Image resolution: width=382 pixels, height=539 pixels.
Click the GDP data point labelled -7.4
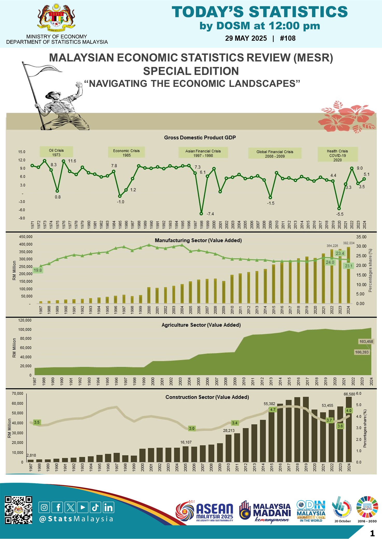coord(201,214)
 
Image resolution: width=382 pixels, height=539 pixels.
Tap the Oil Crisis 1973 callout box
coord(56,152)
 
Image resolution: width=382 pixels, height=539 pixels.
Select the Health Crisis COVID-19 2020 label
coord(337,155)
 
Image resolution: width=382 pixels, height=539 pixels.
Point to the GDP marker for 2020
coord(339,208)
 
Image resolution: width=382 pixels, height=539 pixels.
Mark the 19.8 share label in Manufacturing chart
coord(38,270)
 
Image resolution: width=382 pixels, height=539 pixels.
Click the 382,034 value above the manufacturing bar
coord(349,243)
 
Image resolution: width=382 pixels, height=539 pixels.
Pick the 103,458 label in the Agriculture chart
coord(366,341)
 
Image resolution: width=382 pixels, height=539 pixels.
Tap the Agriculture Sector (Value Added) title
coord(201,325)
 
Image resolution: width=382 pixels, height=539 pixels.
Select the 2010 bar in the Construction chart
coord(228,448)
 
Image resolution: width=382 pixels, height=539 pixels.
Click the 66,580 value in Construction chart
coord(349,394)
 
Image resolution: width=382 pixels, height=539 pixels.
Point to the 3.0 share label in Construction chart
coord(192,428)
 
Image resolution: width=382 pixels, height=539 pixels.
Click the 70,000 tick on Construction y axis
coord(18,394)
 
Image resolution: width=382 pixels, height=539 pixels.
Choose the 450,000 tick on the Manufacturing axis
coord(26,237)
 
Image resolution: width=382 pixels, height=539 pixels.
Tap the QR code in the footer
coord(18,510)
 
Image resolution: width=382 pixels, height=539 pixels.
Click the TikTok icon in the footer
coord(95,507)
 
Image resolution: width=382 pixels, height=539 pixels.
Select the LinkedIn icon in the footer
coord(108,507)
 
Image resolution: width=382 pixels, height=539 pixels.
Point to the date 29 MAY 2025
coord(246,38)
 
